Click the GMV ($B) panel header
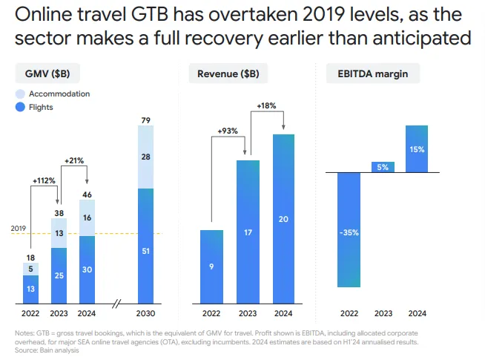click(x=48, y=73)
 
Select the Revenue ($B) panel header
click(x=228, y=73)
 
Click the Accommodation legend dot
click(x=21, y=94)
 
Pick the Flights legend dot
click(x=21, y=108)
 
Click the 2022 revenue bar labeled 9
click(x=211, y=267)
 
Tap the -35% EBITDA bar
click(x=349, y=230)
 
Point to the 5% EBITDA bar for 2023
click(x=383, y=167)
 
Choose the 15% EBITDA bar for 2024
click(x=417, y=148)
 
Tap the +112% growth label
click(x=44, y=180)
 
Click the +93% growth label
click(x=228, y=131)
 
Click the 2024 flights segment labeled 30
click(x=88, y=270)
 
